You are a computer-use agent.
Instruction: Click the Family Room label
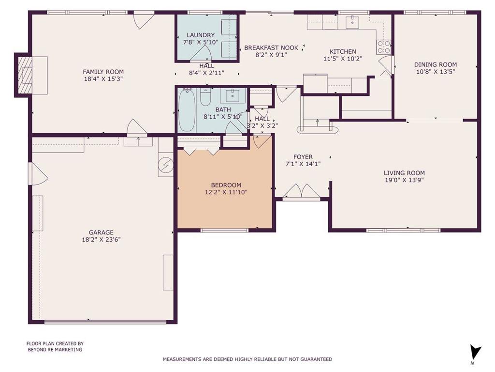click(x=103, y=72)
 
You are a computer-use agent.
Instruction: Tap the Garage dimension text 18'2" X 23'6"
click(x=102, y=240)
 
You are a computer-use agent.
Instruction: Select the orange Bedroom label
click(x=226, y=185)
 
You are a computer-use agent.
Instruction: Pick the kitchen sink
click(x=352, y=22)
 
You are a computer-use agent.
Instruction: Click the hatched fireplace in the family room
click(x=25, y=75)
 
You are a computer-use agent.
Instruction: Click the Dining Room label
click(x=436, y=64)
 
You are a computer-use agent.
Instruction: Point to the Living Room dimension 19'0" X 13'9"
click(x=404, y=180)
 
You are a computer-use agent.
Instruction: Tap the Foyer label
click(x=303, y=157)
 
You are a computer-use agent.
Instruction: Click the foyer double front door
click(x=302, y=191)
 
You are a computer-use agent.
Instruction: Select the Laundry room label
click(x=201, y=35)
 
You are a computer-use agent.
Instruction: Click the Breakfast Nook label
click(x=271, y=48)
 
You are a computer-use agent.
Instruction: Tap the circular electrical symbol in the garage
click(x=166, y=165)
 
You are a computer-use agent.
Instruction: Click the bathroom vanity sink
click(x=233, y=95)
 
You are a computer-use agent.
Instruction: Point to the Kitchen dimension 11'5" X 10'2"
click(x=343, y=59)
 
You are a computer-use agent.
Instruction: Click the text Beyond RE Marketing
click(x=55, y=350)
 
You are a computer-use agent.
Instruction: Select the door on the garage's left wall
click(x=38, y=174)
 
